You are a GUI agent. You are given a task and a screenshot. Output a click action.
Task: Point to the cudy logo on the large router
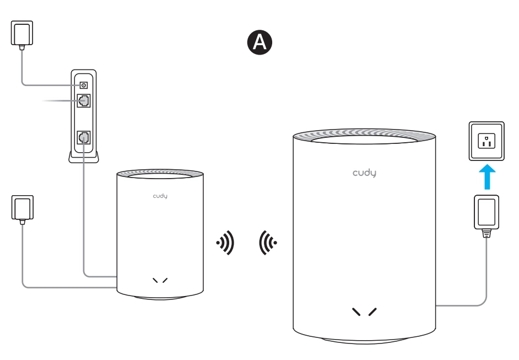365,173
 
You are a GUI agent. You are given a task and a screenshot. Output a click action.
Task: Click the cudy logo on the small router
160,196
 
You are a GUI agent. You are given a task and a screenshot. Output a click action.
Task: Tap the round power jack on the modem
84,85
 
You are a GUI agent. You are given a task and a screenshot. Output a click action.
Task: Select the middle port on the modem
84,101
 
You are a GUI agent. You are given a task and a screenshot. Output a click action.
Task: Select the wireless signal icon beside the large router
268,242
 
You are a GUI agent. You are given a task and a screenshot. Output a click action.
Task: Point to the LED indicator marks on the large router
365,312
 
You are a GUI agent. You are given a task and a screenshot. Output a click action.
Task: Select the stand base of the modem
84,158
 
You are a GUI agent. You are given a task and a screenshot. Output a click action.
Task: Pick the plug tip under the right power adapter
486,233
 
